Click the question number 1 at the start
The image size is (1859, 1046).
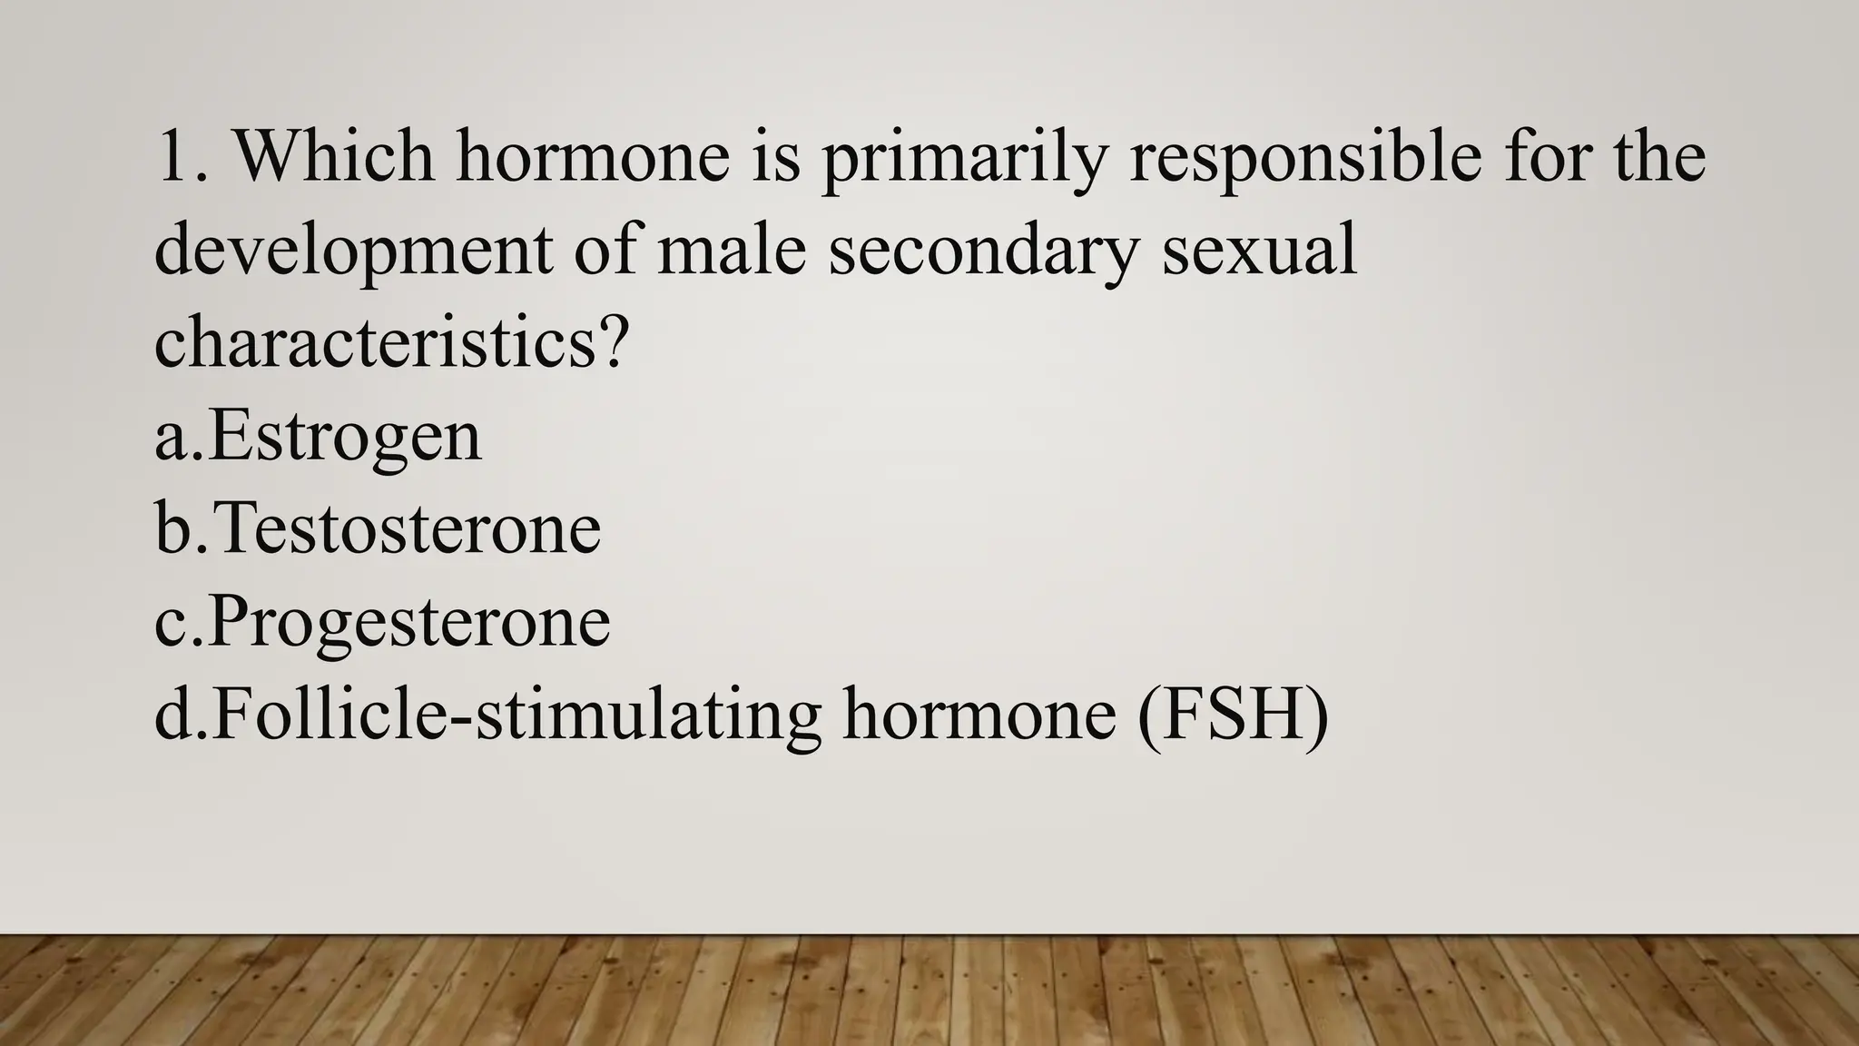[x=170, y=157]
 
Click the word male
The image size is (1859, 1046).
[x=732, y=251]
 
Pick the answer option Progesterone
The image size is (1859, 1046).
[x=409, y=622]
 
